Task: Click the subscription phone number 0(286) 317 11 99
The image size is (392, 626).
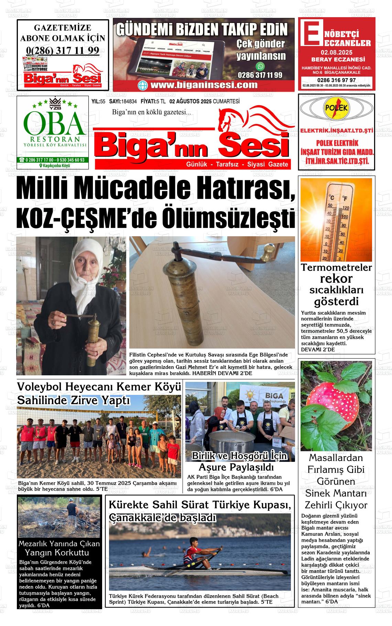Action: click(63, 51)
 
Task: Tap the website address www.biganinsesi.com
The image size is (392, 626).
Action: click(204, 85)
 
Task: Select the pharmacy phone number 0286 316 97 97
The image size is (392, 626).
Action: click(336, 80)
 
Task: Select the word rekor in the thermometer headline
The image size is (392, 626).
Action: click(336, 278)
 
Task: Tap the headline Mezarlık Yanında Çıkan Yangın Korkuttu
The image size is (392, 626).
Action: click(59, 548)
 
